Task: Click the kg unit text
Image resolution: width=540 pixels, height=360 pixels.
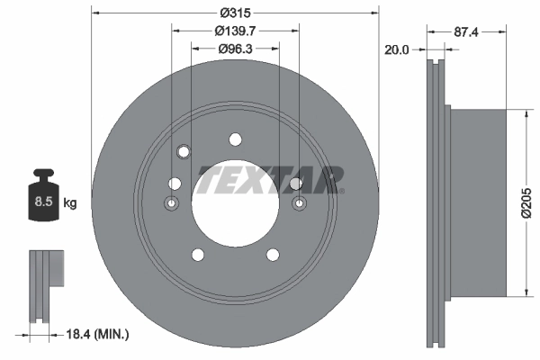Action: coord(70,203)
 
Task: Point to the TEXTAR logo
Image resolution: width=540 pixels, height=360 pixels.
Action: coord(270,179)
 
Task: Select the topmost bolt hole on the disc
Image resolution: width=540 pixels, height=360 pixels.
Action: coord(236,139)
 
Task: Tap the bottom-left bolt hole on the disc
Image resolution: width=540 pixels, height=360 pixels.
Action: coord(198,254)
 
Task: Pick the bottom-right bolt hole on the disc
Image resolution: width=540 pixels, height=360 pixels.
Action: coord(272,254)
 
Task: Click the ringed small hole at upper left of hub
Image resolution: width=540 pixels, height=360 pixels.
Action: coord(184,150)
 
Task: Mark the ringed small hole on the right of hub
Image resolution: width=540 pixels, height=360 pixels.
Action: coord(299,205)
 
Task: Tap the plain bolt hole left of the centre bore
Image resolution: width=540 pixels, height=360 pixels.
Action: coord(175,184)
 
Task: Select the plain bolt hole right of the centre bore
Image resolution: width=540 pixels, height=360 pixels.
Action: coord(295,184)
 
